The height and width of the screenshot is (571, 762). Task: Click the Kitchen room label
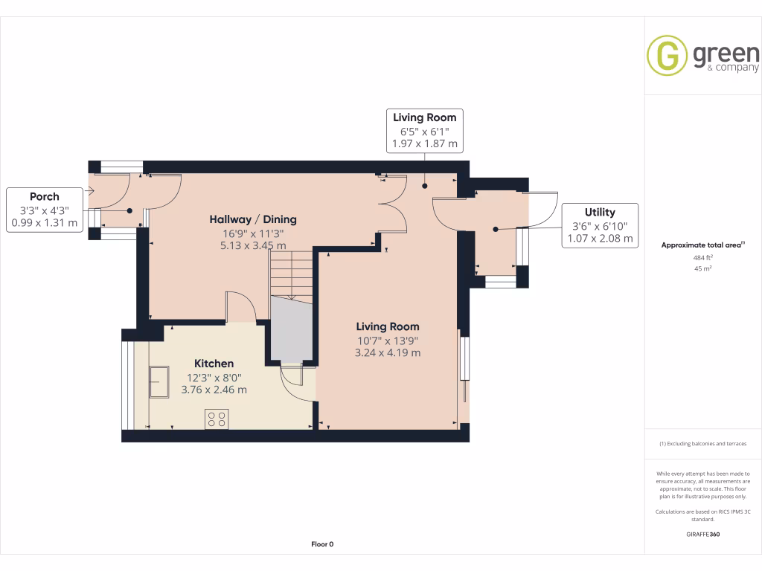coord(214,364)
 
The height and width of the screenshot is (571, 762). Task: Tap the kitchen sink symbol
coord(159,381)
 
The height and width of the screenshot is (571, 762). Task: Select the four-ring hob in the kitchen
coord(217,419)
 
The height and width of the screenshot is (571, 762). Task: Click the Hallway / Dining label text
coord(253,219)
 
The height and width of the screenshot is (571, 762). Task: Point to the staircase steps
coord(291,274)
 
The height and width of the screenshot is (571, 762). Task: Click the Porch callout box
coord(44,210)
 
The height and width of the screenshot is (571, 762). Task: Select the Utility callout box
coord(600,225)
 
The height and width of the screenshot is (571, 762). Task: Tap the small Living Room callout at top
coord(424,130)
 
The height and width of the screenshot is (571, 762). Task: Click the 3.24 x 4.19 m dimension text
coord(387,352)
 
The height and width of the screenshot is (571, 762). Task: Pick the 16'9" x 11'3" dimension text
coord(253,233)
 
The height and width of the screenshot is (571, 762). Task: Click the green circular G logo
coord(666,56)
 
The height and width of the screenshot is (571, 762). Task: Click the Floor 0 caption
coord(322,544)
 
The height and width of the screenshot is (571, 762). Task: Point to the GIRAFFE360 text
coord(702,534)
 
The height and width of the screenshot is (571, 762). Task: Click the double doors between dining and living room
coord(391,204)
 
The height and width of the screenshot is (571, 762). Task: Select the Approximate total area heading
coord(702,245)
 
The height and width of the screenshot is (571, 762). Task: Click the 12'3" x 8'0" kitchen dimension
coord(214,377)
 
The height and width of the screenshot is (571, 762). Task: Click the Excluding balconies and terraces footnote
coord(702,444)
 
